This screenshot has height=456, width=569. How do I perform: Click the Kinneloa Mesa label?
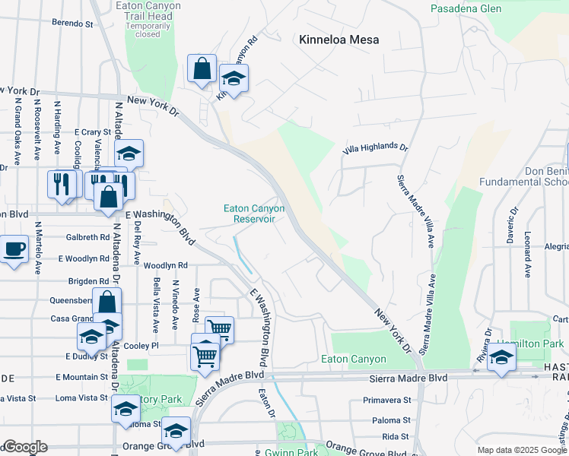339,40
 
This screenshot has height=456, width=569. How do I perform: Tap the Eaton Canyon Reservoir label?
254,214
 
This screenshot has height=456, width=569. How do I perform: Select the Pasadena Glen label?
466,8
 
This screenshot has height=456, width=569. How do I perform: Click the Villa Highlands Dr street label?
375,147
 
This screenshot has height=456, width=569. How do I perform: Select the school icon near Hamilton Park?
501,358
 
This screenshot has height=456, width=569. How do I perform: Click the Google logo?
24,447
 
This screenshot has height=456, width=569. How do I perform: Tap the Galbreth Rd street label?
87,237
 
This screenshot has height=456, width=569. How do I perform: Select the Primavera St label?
386,400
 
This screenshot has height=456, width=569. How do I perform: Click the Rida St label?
396,436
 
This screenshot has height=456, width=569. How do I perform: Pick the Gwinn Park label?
291,452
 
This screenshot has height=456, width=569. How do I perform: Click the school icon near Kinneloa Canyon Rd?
234,78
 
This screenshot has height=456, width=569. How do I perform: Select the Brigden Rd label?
88,281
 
